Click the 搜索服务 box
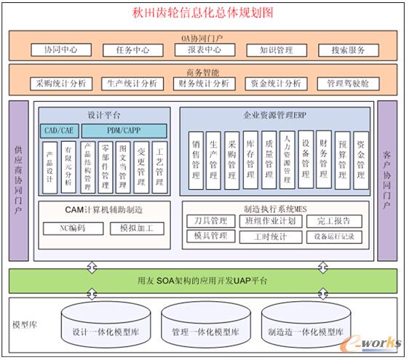(x=349, y=50)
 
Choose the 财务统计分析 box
(x=203, y=84)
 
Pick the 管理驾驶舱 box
(x=348, y=84)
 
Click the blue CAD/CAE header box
(x=58, y=129)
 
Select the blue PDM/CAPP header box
(x=124, y=129)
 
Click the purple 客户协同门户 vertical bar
(x=387, y=180)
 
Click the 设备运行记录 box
(x=334, y=237)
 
